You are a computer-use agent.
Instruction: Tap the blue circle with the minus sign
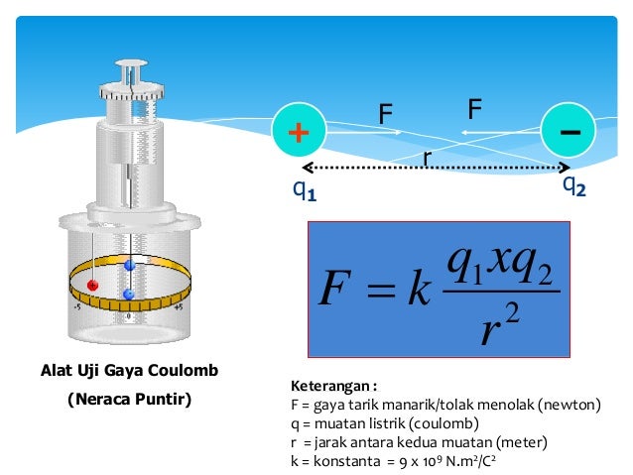click(x=569, y=131)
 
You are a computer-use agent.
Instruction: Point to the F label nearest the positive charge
click(x=384, y=116)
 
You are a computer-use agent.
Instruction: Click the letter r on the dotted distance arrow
click(x=427, y=157)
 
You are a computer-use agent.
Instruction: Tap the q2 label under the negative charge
click(x=573, y=184)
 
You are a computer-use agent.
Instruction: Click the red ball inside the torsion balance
click(x=92, y=285)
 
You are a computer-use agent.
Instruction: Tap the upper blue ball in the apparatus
click(x=129, y=266)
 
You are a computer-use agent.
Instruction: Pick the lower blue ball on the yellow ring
click(x=128, y=295)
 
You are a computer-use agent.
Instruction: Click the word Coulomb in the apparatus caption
click(x=184, y=371)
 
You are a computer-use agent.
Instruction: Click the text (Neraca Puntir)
click(x=129, y=401)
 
